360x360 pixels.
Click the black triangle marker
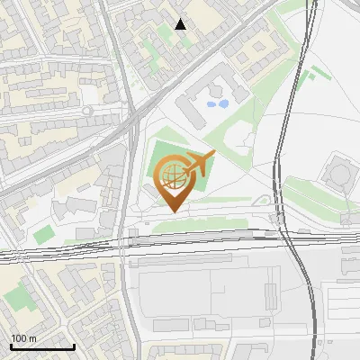tap(181, 24)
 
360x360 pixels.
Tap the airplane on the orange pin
tap(199, 165)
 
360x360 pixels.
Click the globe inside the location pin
tap(170, 173)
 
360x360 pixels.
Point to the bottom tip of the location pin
tap(171, 211)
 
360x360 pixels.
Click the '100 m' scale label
tap(23, 338)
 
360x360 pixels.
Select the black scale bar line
tap(42, 346)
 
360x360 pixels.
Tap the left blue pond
tap(211, 104)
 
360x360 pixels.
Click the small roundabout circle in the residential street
tap(87, 111)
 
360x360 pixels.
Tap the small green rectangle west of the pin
tap(44, 234)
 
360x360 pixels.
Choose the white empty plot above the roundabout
tap(82, 86)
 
